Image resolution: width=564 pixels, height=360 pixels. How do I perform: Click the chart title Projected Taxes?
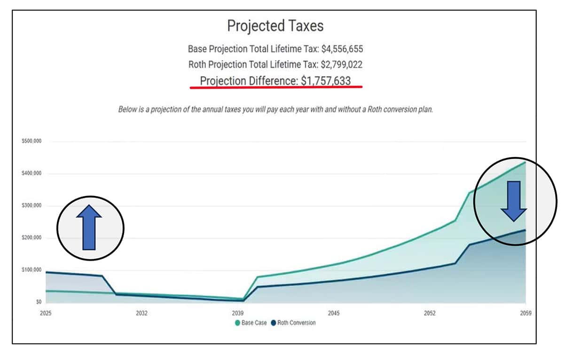tap(275, 26)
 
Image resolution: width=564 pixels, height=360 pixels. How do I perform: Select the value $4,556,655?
tap(342, 49)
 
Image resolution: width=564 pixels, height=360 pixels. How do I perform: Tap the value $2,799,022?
tap(341, 64)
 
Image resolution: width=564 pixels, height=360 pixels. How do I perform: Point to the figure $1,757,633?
tap(326, 81)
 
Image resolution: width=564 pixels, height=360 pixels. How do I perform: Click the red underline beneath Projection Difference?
tap(276, 87)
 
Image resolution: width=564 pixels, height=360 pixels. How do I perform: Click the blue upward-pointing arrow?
tap(89, 227)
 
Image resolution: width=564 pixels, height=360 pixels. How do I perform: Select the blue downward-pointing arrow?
tap(514, 201)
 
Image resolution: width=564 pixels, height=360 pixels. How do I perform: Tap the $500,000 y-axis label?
tap(31, 141)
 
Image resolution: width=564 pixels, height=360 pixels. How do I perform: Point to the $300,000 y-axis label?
tap(31, 205)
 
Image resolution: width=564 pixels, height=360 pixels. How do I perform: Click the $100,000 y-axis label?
tap(31, 270)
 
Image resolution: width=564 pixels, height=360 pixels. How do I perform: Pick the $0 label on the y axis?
tap(39, 302)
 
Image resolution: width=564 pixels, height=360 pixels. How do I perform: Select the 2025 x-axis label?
tap(46, 313)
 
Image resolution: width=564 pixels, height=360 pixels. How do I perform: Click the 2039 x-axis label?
tap(238, 313)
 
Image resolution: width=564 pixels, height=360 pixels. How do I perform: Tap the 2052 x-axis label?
tap(430, 313)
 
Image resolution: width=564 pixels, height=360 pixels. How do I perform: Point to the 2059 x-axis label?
tap(526, 313)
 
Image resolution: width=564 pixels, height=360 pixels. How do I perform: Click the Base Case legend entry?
tap(251, 323)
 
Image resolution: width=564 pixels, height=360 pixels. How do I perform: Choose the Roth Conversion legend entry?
tap(293, 323)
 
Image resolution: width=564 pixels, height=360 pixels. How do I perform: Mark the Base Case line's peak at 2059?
tap(525, 162)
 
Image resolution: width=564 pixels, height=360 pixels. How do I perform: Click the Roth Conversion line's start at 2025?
tap(46, 273)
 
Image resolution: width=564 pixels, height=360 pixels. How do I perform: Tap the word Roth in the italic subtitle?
tap(375, 110)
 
